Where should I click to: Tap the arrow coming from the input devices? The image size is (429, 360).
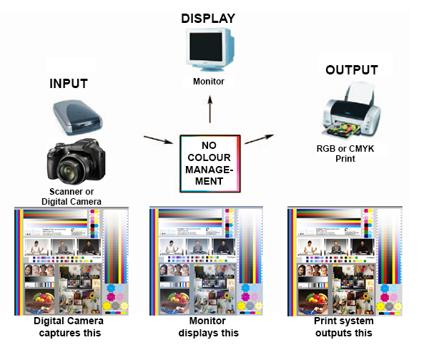[159, 140]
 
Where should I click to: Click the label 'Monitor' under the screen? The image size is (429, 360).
[209, 82]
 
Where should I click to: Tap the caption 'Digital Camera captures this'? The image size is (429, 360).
[69, 327]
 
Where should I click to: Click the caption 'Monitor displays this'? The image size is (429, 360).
[208, 327]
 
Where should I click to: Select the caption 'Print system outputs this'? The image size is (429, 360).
[344, 327]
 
